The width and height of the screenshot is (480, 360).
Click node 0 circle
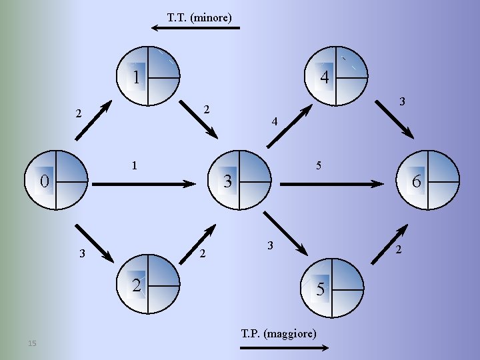pos(57,180)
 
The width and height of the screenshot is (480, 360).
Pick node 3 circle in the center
pos(240,180)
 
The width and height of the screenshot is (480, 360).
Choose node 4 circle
pos(337,77)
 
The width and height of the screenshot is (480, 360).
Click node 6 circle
pos(427,180)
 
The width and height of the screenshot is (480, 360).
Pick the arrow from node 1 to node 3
pos(199,121)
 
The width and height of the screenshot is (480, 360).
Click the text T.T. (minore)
pos(199,18)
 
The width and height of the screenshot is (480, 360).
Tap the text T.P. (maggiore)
pos(279,333)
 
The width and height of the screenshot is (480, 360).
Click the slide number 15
pos(32,343)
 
